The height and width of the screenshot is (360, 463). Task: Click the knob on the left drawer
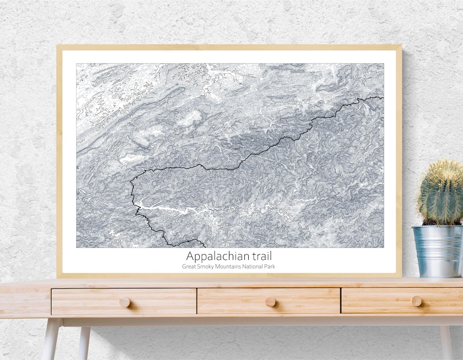point(124,302)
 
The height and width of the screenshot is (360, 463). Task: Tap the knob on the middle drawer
point(270,301)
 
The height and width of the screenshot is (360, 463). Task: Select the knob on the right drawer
point(416,301)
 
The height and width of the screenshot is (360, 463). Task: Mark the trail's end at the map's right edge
point(383,98)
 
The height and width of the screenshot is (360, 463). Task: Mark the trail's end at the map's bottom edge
point(204,246)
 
